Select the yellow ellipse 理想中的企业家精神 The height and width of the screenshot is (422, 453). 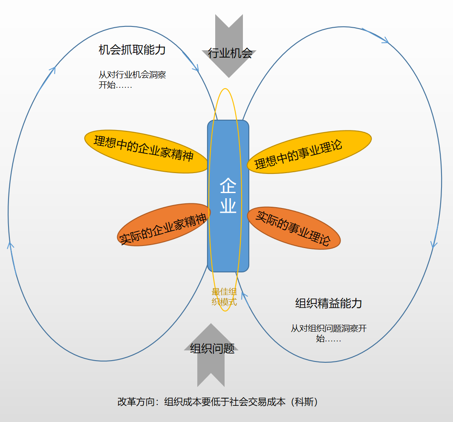(145, 151)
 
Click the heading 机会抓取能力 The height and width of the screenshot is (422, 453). (132, 50)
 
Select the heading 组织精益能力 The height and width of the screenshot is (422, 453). (329, 303)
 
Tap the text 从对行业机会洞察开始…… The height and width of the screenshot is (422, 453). (132, 80)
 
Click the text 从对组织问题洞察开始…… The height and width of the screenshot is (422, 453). (329, 334)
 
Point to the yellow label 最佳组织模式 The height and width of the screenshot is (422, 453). (224, 297)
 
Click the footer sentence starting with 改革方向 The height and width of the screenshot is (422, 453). (218, 402)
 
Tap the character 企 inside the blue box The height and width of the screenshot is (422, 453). (228, 186)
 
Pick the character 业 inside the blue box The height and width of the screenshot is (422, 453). (228, 205)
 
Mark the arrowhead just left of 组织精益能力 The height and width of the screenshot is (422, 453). (244, 295)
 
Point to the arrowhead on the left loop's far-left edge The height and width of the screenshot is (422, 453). (10, 245)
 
